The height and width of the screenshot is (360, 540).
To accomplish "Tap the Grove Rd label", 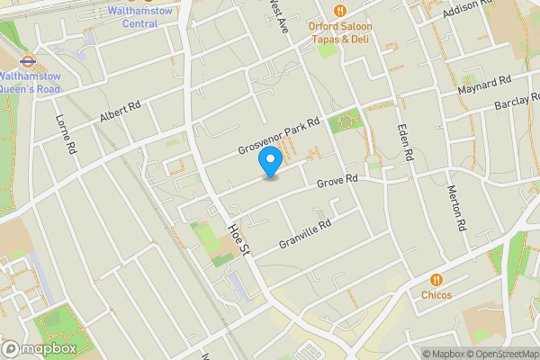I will click(339, 183).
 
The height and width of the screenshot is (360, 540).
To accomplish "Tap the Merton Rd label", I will click(458, 209).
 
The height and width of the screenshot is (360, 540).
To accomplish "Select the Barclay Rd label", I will click(517, 106).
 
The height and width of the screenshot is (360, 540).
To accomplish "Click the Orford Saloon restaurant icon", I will click(340, 11).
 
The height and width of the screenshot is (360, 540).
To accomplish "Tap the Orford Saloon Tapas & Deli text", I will click(353, 32).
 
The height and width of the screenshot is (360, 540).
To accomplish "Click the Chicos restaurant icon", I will click(436, 279).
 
